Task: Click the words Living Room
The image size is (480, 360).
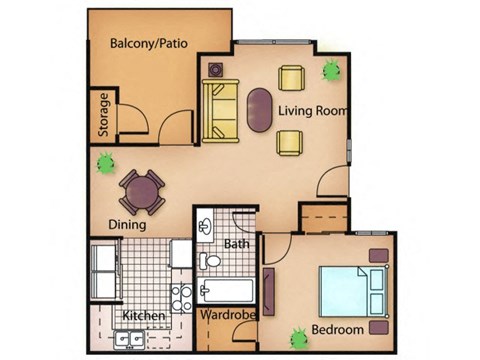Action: [313, 110]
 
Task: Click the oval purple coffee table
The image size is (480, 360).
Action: [258, 110]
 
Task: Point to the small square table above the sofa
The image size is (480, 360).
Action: [215, 70]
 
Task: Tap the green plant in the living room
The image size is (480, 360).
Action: [331, 70]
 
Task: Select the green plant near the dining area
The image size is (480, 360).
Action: [103, 161]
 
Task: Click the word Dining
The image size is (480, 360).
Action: [128, 225]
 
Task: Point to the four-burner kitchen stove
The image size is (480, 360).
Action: [181, 296]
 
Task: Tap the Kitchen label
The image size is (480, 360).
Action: [143, 317]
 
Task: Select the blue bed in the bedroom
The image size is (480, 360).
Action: [347, 290]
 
